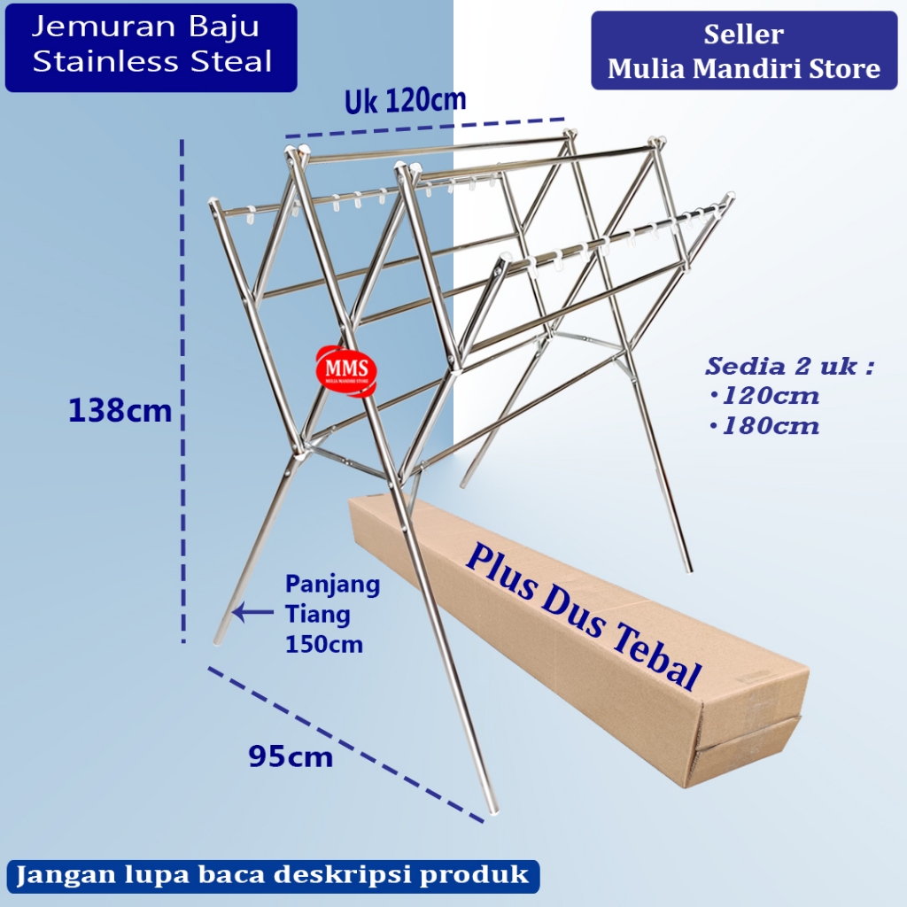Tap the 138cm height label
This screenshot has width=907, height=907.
(x=120, y=411)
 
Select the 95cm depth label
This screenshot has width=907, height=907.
(x=291, y=756)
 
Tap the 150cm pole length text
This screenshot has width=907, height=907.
(x=324, y=644)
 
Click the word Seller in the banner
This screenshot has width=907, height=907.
(x=744, y=35)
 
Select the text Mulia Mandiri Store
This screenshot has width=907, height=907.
(x=744, y=68)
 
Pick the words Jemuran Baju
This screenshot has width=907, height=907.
(x=146, y=27)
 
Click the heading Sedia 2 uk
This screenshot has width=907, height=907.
(x=789, y=366)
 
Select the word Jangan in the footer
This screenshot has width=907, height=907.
(x=58, y=875)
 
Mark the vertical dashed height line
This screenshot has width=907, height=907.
(x=182, y=390)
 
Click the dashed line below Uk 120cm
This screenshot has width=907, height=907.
(x=425, y=128)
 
